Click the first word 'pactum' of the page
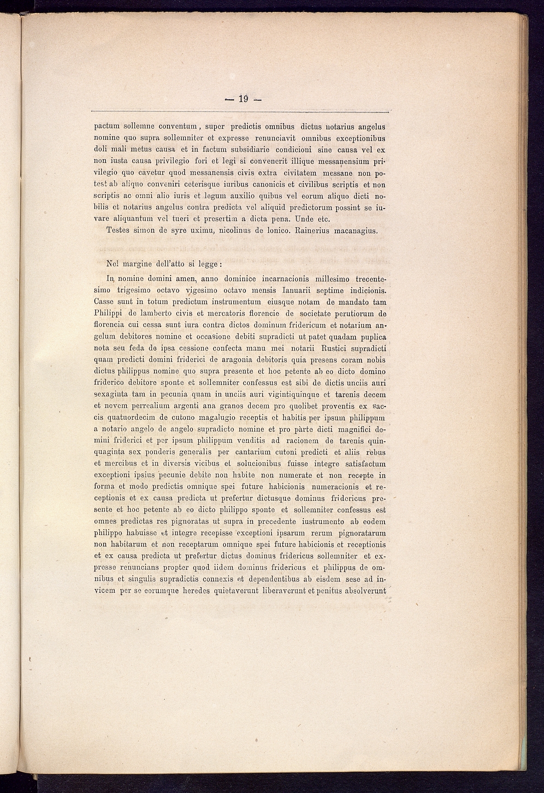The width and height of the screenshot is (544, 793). (107, 126)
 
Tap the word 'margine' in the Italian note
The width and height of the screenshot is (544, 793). (138, 265)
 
